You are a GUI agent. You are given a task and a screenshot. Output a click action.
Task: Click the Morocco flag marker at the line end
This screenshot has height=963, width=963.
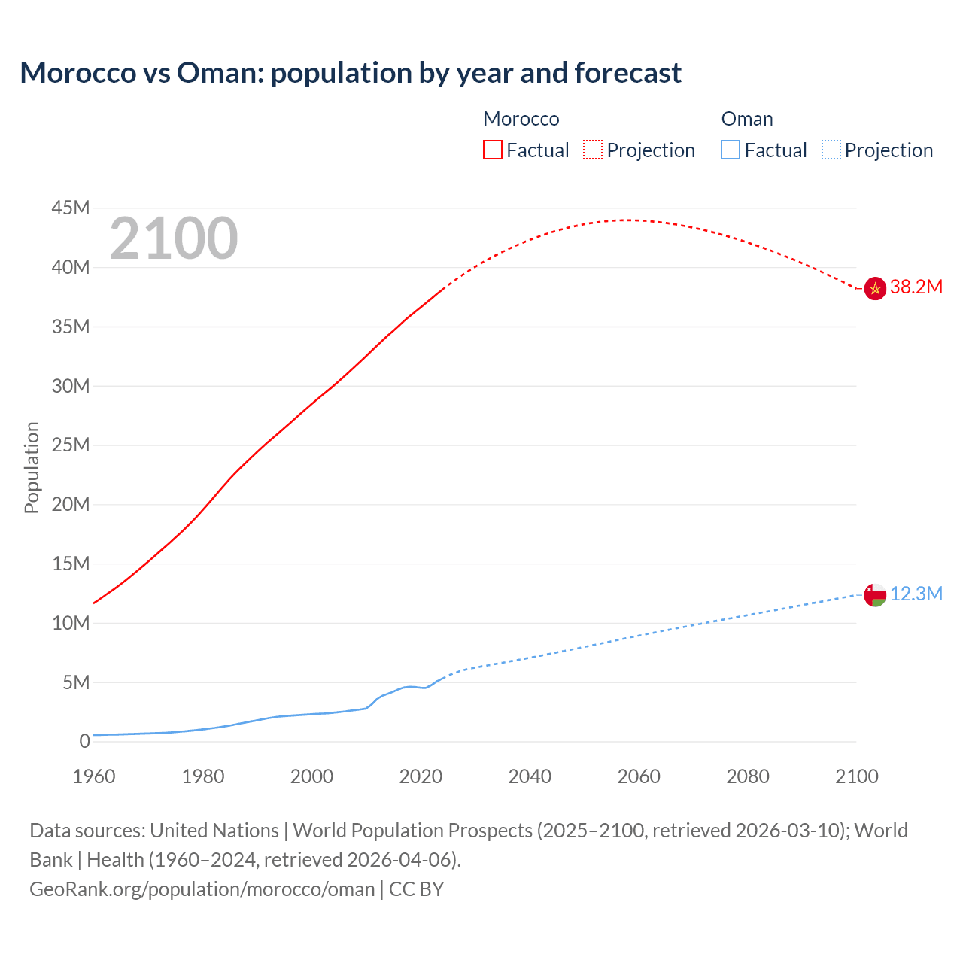pos(875,288)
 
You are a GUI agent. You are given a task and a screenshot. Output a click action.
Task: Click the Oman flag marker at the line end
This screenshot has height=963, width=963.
pos(875,595)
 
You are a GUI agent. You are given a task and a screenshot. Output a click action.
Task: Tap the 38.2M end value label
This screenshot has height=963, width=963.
pos(916,287)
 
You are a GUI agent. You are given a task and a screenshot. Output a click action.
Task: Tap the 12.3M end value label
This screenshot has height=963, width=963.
pos(916,594)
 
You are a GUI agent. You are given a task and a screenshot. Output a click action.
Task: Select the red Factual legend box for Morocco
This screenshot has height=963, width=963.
pos(492,150)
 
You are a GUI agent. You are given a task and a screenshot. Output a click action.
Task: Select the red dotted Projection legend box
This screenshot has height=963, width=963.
pos(593,150)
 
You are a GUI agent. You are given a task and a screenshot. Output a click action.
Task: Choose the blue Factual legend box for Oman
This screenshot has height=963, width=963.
pos(731,150)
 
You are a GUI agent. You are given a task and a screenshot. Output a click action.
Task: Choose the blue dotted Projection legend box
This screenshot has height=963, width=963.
pos(831,150)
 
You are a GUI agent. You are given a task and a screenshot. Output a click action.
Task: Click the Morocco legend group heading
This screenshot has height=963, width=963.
pos(521,119)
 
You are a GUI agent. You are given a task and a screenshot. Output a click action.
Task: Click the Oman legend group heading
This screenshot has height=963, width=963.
pos(747,119)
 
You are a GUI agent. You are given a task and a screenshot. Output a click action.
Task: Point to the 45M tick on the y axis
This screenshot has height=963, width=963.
pos(71,208)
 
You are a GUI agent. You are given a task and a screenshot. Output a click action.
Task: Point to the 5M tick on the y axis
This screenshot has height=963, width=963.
pos(76,682)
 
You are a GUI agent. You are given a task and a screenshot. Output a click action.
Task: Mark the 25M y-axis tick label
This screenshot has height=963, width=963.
pos(71,445)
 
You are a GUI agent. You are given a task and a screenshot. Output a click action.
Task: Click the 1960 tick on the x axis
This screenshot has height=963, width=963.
pos(94,776)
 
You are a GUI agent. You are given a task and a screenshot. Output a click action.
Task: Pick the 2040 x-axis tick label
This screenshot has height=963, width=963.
pos(530,776)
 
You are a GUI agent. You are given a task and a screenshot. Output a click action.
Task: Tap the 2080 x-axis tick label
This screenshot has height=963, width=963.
pos(748,776)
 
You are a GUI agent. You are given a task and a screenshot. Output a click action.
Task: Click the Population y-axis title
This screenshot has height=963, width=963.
pos(32,467)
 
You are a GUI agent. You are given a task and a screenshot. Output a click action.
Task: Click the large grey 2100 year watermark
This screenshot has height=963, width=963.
pos(174,238)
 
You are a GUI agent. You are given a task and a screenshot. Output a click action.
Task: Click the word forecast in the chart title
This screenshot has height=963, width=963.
pos(627,73)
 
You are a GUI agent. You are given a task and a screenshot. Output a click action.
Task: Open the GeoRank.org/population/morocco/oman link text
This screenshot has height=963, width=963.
pos(202,889)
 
